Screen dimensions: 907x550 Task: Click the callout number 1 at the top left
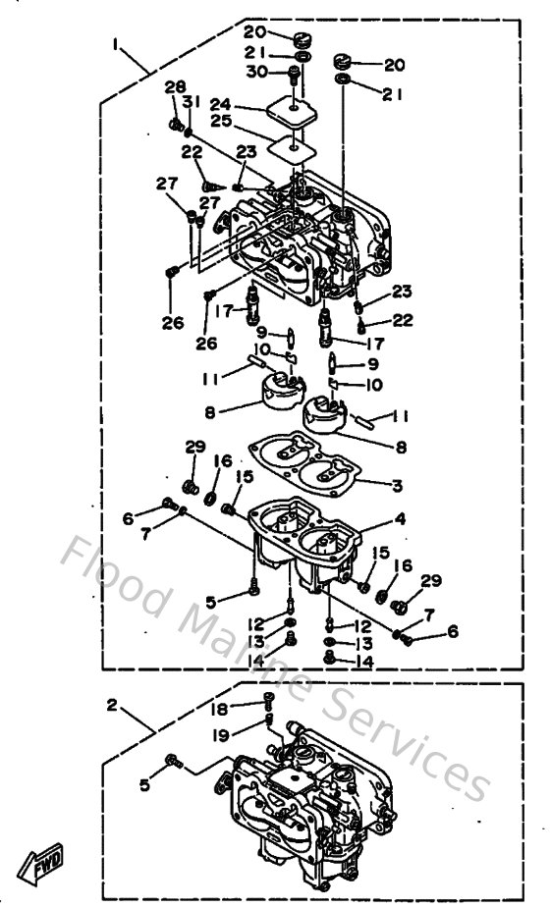click(117, 45)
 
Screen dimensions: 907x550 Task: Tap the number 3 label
click(397, 484)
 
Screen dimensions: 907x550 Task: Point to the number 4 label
click(400, 518)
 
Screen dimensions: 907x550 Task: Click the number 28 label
click(175, 87)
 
